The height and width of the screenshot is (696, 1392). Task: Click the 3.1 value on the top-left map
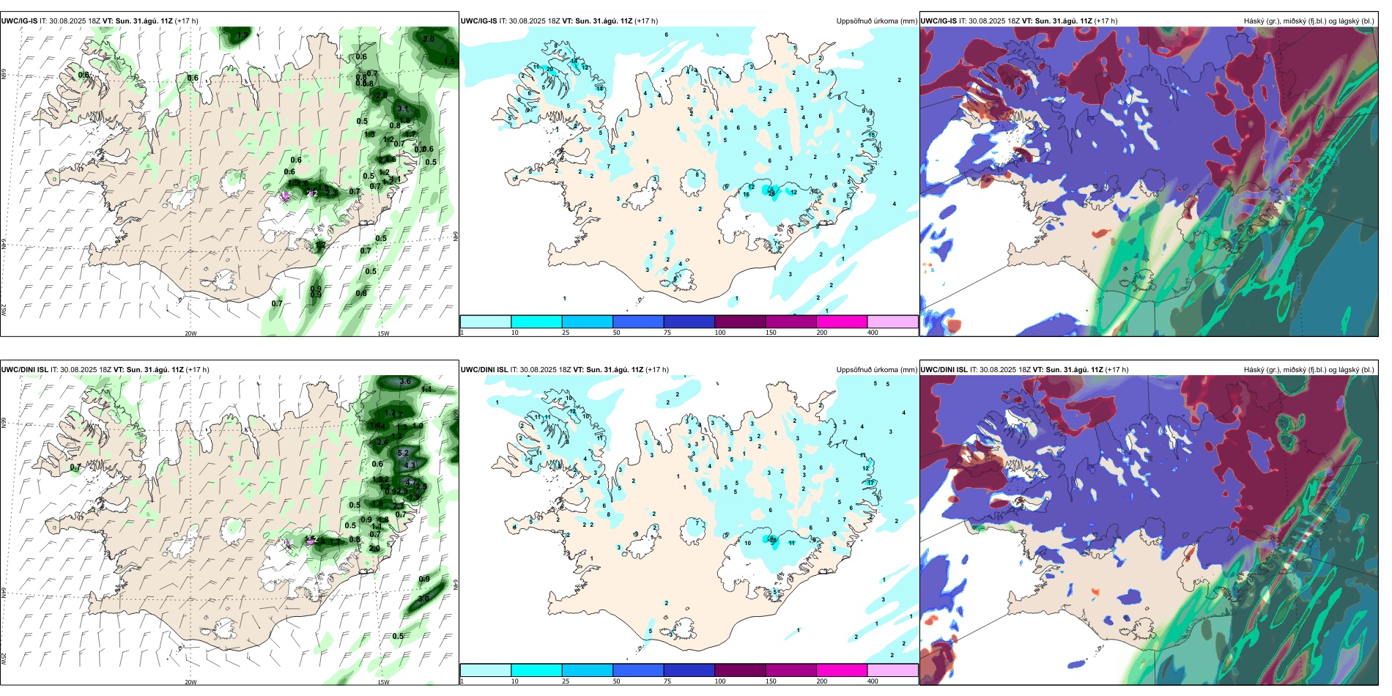point(403,109)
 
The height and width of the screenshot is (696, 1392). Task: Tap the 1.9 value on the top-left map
point(243,35)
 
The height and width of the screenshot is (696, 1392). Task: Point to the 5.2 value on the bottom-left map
point(403,453)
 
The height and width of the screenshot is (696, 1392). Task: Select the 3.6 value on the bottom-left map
point(405,381)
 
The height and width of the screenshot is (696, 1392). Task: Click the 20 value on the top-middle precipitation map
point(549,70)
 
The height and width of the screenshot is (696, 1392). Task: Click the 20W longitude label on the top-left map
point(190,333)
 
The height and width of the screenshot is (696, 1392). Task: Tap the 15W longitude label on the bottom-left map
point(383,682)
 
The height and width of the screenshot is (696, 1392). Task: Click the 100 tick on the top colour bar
point(720,333)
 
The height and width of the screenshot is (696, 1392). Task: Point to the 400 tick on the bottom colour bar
point(873,681)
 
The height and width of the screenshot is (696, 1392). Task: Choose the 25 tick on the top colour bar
point(566,333)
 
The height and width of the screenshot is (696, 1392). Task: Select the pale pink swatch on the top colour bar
point(892,322)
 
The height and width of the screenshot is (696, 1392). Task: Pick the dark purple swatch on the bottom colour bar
point(740,670)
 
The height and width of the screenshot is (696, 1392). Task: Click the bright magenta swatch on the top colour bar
point(842,322)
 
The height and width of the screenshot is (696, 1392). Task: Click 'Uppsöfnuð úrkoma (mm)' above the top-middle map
point(876,21)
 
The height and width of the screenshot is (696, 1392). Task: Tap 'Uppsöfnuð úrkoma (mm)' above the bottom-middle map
point(876,370)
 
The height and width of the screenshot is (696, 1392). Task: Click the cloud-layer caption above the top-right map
point(1308,21)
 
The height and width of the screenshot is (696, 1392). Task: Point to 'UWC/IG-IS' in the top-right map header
point(939,21)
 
